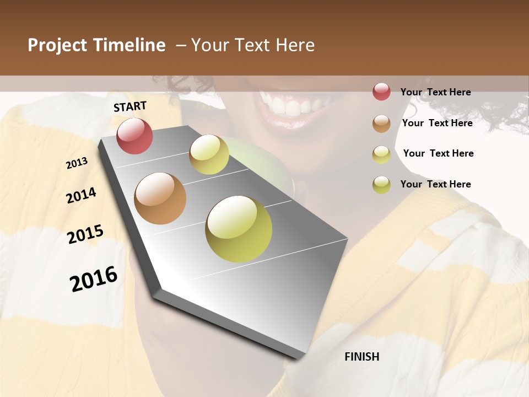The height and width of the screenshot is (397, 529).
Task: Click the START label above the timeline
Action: click(x=130, y=106)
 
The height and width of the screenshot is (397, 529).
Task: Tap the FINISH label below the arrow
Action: click(x=361, y=357)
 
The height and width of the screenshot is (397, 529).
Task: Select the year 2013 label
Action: click(x=77, y=163)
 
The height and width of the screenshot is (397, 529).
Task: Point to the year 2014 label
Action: click(x=81, y=195)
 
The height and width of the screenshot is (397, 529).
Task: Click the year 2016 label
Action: click(x=94, y=279)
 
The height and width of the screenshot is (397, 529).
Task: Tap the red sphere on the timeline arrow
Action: click(x=134, y=136)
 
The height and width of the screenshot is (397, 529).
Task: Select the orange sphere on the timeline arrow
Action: click(x=160, y=198)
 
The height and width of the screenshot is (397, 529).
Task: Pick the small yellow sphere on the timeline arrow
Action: click(x=209, y=154)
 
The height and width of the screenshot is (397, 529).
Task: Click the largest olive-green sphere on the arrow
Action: click(x=239, y=229)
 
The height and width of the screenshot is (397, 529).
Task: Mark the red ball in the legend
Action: click(x=381, y=92)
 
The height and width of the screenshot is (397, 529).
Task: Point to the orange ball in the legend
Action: click(x=381, y=124)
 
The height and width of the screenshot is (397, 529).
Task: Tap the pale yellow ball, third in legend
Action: click(x=381, y=154)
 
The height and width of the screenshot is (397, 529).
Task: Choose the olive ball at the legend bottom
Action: click(x=381, y=185)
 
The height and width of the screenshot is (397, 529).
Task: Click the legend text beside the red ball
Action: click(x=435, y=92)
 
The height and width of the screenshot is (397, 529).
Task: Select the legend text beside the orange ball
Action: click(x=437, y=123)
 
